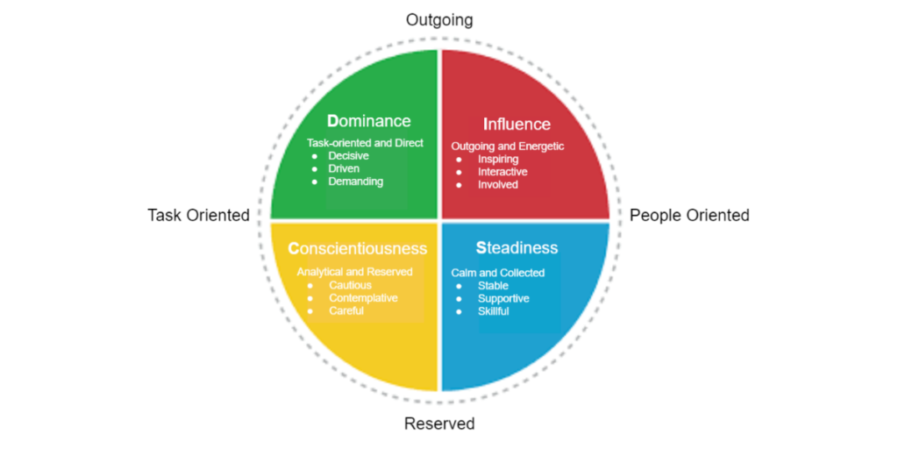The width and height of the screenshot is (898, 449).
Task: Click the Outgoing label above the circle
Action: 439,20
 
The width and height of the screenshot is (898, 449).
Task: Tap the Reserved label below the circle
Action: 439,424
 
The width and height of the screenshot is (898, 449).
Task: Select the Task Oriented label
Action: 198,216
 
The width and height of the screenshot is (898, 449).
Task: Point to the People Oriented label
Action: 689,216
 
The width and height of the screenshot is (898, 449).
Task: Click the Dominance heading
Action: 368,121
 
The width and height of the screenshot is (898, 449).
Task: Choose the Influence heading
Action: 517,125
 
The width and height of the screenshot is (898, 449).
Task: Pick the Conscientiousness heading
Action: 357,249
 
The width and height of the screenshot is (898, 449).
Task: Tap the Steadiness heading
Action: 517,248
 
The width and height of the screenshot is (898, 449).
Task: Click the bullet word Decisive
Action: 349,156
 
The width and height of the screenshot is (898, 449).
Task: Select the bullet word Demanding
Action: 356,182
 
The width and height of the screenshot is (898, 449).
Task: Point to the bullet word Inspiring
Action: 498,160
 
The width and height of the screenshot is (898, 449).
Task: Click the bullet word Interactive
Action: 502,172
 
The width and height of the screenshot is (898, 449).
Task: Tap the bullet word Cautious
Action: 350,285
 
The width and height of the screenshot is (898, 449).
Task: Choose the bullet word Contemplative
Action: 363,298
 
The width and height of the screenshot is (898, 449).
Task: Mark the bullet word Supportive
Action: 503,299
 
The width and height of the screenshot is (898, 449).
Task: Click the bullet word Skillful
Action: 493,311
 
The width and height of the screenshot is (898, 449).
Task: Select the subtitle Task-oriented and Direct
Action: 365,143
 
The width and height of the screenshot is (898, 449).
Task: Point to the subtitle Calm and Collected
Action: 498,273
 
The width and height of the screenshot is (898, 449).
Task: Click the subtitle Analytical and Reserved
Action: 354,272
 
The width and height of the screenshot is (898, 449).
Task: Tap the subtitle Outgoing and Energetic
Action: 508,146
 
